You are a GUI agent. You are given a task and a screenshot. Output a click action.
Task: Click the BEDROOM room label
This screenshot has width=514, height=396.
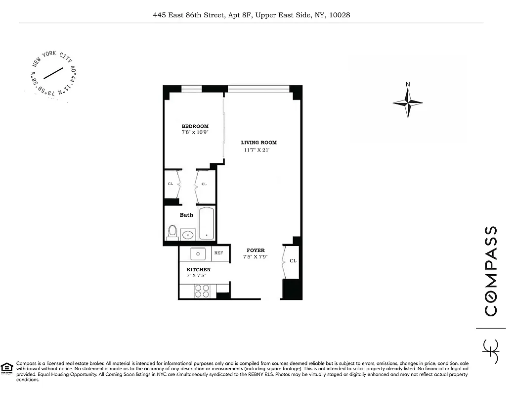(195, 126)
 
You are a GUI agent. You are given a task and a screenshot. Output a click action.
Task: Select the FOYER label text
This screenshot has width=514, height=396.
(256, 250)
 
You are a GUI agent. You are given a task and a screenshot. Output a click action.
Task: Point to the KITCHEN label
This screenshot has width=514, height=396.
(198, 270)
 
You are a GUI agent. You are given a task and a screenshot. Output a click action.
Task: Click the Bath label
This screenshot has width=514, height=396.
(186, 215)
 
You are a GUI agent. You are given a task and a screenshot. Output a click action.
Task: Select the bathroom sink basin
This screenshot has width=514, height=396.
(188, 235)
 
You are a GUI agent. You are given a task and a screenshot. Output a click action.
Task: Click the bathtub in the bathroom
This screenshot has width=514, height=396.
(206, 223)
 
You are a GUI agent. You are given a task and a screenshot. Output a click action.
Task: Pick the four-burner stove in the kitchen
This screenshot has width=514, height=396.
(201, 291)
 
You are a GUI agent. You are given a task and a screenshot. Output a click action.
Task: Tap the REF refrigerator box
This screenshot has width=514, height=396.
(218, 253)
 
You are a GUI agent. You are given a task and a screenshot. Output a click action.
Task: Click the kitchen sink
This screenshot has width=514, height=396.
(198, 254)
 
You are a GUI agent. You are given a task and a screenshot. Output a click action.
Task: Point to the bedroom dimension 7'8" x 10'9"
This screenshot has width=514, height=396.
(195, 133)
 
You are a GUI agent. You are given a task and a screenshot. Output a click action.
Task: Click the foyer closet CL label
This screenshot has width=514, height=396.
(293, 261)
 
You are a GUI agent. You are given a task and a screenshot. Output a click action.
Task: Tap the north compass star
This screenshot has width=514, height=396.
(408, 103)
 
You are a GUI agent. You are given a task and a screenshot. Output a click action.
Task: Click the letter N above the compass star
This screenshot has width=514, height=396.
(408, 84)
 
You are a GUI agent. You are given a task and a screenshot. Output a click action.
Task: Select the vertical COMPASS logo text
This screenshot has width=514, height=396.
(490, 271)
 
